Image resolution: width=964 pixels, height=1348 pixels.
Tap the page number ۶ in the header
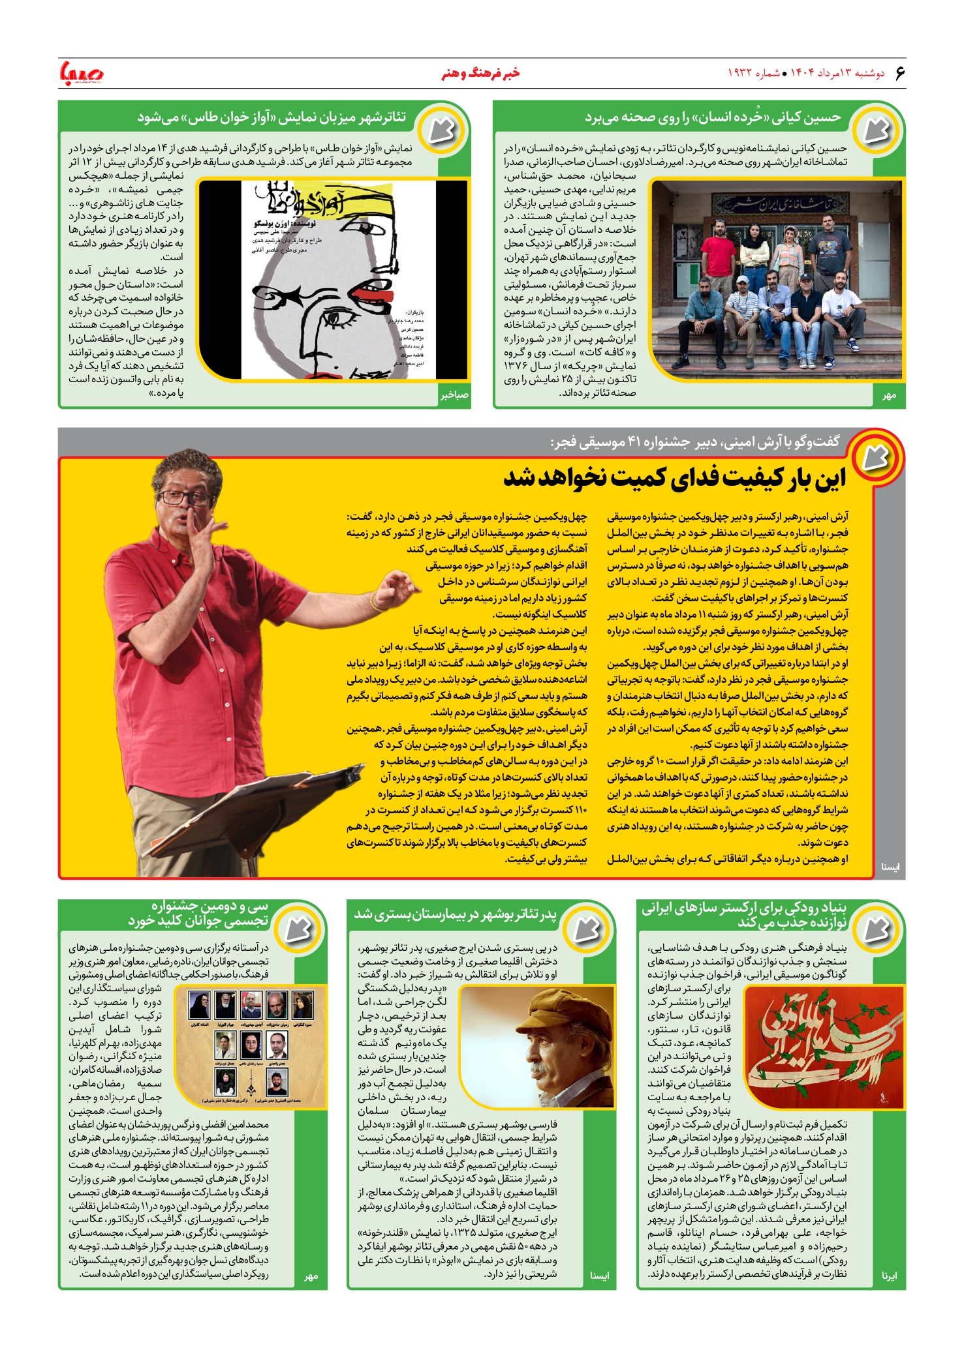[899, 73]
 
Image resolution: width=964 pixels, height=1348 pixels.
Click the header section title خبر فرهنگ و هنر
[480, 73]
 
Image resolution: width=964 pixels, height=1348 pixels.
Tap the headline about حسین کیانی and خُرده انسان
[713, 118]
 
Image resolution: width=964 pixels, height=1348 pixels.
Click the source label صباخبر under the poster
[454, 395]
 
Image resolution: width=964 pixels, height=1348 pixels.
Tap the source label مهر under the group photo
[889, 395]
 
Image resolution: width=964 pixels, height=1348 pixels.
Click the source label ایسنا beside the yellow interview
[890, 867]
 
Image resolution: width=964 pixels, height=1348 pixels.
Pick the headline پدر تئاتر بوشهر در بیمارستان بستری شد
[455, 915]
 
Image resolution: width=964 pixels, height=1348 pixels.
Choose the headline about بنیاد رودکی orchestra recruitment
[744, 914]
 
